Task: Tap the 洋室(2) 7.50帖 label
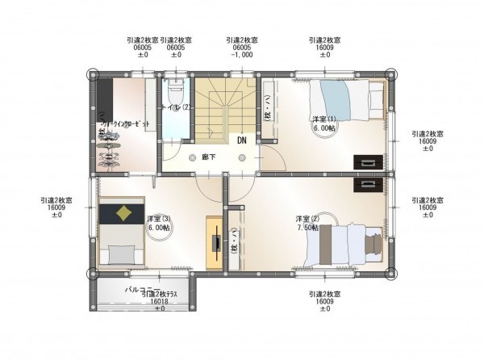point(307,223)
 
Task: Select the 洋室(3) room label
point(159,223)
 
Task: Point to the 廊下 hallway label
point(208,157)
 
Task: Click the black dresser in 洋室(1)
point(368,162)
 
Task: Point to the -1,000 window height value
point(242,56)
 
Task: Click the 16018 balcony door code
point(159,301)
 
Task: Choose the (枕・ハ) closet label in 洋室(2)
point(234,241)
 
